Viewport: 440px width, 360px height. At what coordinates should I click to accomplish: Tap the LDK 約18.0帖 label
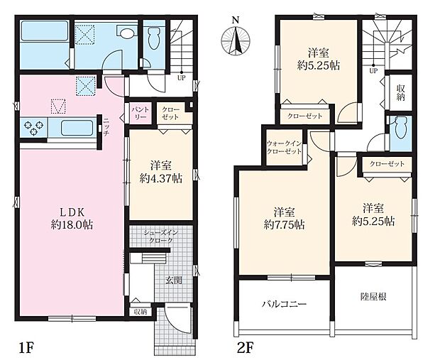pyautogui.click(x=72, y=219)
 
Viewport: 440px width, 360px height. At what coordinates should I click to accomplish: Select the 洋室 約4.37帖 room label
pyautogui.click(x=161, y=172)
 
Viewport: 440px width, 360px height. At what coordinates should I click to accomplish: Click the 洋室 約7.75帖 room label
pyautogui.click(x=285, y=218)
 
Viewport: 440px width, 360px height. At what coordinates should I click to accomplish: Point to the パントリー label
pyautogui.click(x=140, y=113)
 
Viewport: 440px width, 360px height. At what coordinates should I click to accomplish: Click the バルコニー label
pyautogui.click(x=285, y=304)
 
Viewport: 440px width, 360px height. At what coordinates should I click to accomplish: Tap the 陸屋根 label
pyautogui.click(x=373, y=297)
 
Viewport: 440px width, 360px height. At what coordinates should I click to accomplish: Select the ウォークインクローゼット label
pyautogui.click(x=284, y=148)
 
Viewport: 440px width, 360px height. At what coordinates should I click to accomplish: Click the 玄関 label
pyautogui.click(x=173, y=280)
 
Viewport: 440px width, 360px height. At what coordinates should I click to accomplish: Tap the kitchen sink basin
pyautogui.click(x=77, y=128)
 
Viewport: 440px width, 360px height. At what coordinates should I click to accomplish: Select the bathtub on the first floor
pyautogui.click(x=45, y=31)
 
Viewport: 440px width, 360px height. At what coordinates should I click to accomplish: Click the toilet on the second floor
pyautogui.click(x=400, y=129)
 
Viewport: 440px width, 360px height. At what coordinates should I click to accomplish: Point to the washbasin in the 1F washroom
pyautogui.click(x=126, y=32)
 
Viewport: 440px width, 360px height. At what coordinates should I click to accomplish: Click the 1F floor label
pyautogui.click(x=26, y=349)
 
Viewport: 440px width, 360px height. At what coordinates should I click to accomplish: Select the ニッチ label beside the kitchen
pyautogui.click(x=106, y=127)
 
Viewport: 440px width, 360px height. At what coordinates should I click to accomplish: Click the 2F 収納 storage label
pyautogui.click(x=400, y=93)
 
